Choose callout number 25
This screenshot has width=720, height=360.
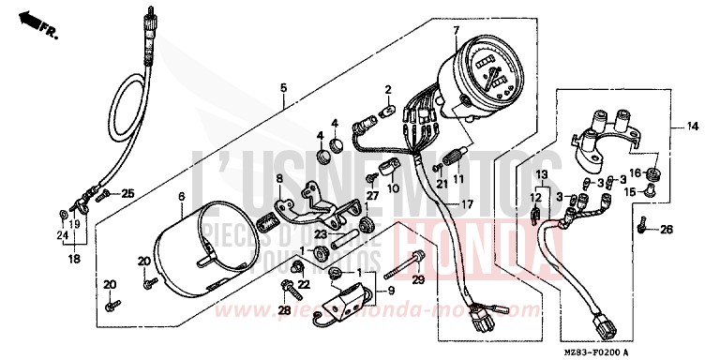coord(128,194)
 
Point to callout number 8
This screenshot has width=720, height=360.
coord(278,178)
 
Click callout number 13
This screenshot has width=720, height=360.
coord(542,175)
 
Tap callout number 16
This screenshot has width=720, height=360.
coord(635,173)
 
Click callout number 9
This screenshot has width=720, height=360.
coord(380,290)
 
